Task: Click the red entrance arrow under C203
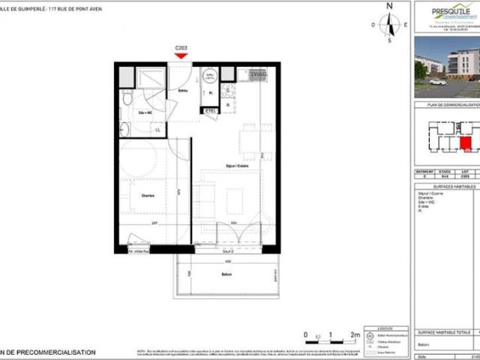180,55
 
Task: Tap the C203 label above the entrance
180,47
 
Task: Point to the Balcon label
225,274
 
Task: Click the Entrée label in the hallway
182,91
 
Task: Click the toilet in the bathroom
127,98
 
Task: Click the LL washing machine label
157,129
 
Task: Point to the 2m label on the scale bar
354,335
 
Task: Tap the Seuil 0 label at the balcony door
228,250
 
